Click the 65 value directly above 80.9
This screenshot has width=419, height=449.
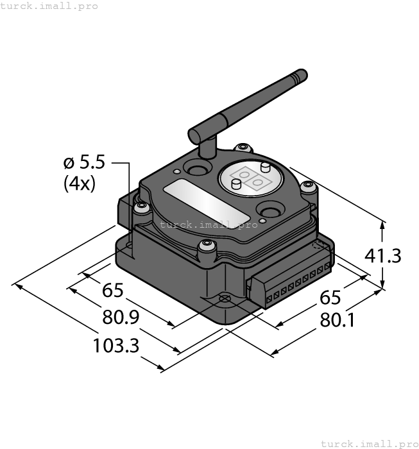tap(112, 291)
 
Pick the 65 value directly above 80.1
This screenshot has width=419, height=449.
tap(330, 298)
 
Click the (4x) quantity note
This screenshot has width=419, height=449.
tap(80, 184)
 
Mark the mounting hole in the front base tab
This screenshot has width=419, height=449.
tap(224, 299)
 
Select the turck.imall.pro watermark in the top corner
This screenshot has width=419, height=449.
tap(49, 6)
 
